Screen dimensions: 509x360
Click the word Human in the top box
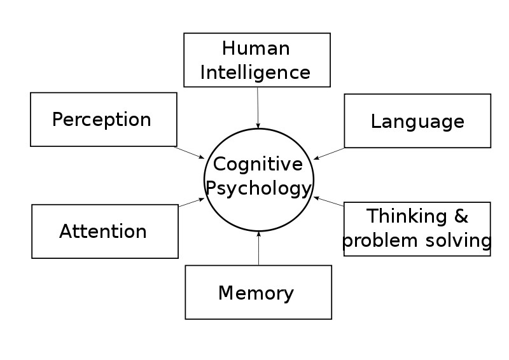pyautogui.click(x=256, y=48)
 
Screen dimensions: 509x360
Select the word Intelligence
pyautogui.click(x=256, y=73)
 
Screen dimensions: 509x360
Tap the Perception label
pyautogui.click(x=102, y=120)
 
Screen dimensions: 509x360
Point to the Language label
pyautogui.click(x=417, y=121)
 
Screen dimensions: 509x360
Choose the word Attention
pyautogui.click(x=103, y=232)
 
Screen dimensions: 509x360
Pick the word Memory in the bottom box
pyautogui.click(x=256, y=293)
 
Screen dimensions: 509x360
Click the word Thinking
pyautogui.click(x=407, y=216)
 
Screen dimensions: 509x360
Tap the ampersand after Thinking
pyautogui.click(x=461, y=216)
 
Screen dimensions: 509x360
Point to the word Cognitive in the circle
pyautogui.click(x=258, y=164)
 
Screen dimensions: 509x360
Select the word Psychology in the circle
pyautogui.click(x=259, y=188)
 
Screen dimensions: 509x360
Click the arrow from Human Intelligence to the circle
pyautogui.click(x=258, y=107)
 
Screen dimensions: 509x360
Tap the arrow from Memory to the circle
pyautogui.click(x=259, y=248)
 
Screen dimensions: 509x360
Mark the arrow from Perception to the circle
pyautogui.click(x=189, y=153)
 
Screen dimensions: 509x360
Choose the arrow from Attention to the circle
pyautogui.click(x=192, y=202)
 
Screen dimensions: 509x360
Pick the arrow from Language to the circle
pyautogui.click(x=329, y=153)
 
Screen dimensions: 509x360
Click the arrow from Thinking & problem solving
pyautogui.click(x=328, y=201)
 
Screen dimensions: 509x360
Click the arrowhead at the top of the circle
pyautogui.click(x=258, y=126)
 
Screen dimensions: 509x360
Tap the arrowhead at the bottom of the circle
pyautogui.click(x=259, y=233)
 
